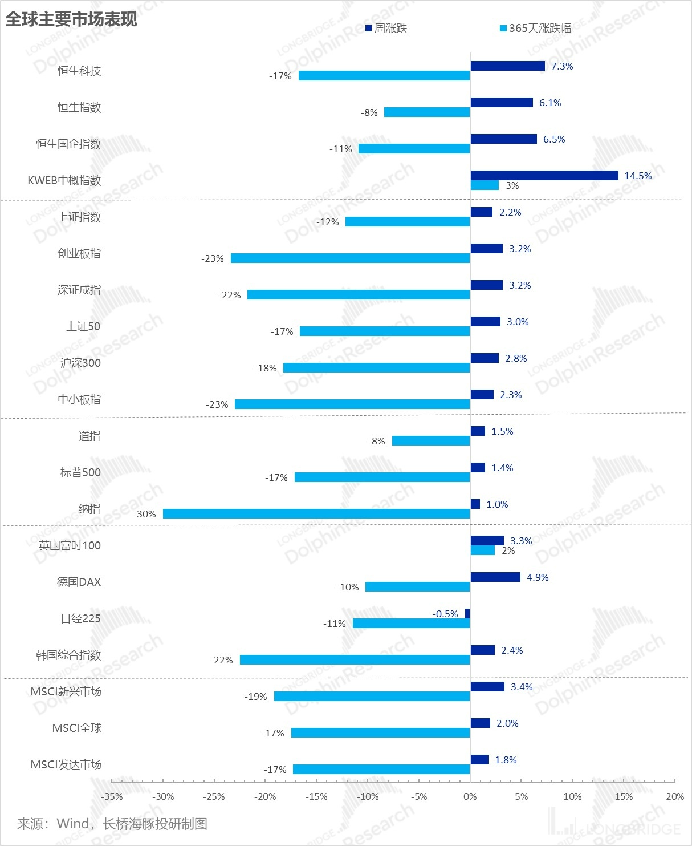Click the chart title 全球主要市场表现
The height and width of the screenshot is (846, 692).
coord(71,19)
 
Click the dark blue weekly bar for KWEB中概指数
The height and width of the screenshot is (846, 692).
coord(544,176)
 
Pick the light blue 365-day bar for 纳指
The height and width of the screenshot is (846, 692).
coord(316,514)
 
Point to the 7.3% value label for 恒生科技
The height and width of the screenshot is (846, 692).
coord(562,66)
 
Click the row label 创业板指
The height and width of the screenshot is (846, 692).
coord(79,253)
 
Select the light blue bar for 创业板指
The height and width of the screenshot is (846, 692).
coord(350,258)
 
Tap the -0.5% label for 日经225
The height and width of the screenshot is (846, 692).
coord(445,614)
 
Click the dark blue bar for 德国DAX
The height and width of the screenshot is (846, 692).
coord(495,577)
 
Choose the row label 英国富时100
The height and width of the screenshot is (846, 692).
coord(70,545)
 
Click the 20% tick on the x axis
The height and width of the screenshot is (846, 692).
coord(675,796)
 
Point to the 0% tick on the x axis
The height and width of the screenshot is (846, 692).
coord(470,796)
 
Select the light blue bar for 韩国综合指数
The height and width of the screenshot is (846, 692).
coord(355,660)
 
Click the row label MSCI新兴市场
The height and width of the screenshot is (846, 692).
coord(66,691)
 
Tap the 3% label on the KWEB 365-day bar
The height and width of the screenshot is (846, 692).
coord(512,185)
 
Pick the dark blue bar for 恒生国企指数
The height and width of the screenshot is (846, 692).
coord(504,139)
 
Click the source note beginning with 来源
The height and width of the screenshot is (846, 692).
coord(112,824)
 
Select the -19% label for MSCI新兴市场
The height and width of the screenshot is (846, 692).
coord(256,697)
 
